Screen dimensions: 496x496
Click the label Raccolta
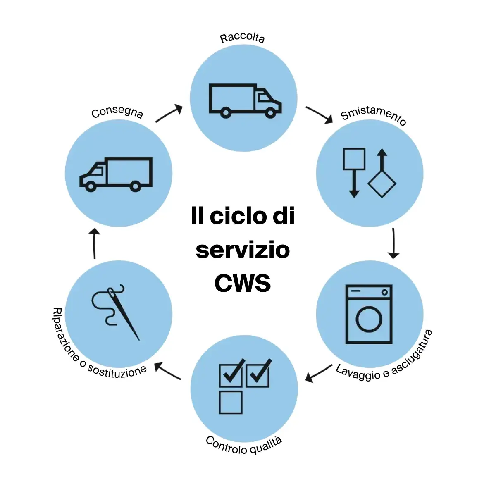pos(242,38)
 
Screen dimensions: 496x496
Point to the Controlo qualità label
pos(244,446)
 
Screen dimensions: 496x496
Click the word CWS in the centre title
pos(243,283)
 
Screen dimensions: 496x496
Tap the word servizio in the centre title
pos(243,250)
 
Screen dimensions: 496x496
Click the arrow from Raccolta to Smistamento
pos(319,114)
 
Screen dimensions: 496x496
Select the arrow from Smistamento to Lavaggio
pos(393,243)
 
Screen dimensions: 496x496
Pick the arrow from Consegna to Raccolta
pos(169,113)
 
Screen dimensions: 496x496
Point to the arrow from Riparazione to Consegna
pos(94,243)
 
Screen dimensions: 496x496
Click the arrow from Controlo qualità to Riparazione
pos(167,371)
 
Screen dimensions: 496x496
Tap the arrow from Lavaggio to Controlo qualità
pos(319,373)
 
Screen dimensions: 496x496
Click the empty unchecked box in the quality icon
pos(231,403)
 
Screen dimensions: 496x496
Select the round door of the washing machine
pos(369,319)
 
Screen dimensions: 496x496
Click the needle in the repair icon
pos(124,314)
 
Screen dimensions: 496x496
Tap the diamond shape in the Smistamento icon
pos(382,184)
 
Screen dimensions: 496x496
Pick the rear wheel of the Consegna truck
pos(136,186)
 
